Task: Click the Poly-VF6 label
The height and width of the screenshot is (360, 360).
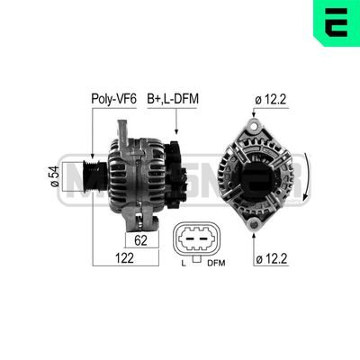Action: coord(112,100)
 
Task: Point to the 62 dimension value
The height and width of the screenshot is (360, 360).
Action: coord(140,241)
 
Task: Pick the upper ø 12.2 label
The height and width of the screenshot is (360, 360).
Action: coord(274,100)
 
